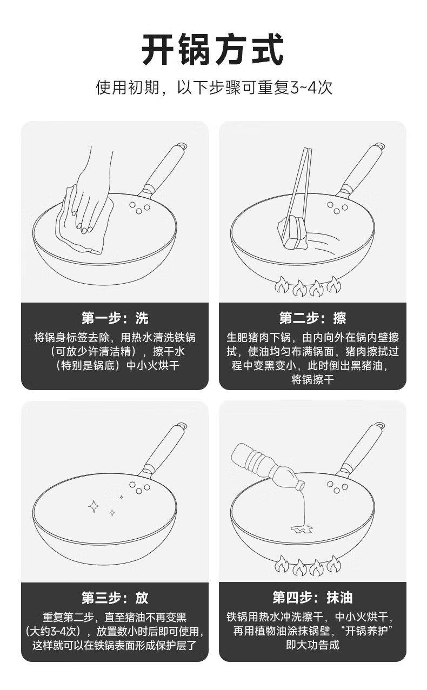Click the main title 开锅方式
tap(213, 50)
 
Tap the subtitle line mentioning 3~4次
tap(214, 88)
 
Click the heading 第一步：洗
tap(115, 318)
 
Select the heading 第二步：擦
tap(313, 318)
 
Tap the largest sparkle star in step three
tap(94, 506)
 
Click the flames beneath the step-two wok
tap(308, 286)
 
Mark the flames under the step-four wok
tap(308, 566)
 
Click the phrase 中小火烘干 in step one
tap(153, 366)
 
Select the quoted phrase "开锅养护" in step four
tap(368, 631)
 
